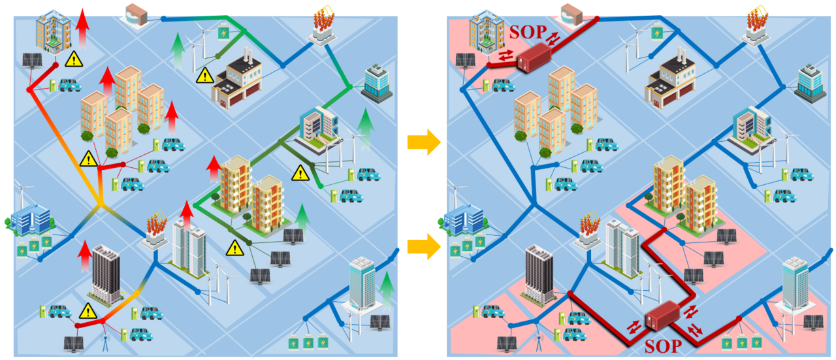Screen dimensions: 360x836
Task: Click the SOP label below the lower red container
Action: (x=662, y=345)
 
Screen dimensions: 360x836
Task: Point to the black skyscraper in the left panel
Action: (x=105, y=274)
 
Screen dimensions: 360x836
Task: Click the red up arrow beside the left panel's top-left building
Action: (x=82, y=27)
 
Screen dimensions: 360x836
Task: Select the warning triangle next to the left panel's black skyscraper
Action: (x=88, y=310)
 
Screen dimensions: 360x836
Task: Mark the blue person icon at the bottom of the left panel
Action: (x=106, y=342)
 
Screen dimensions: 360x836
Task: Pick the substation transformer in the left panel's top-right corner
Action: (x=321, y=26)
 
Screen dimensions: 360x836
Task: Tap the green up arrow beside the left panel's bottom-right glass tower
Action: (x=387, y=291)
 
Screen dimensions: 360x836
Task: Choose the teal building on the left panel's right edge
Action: (x=376, y=82)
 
